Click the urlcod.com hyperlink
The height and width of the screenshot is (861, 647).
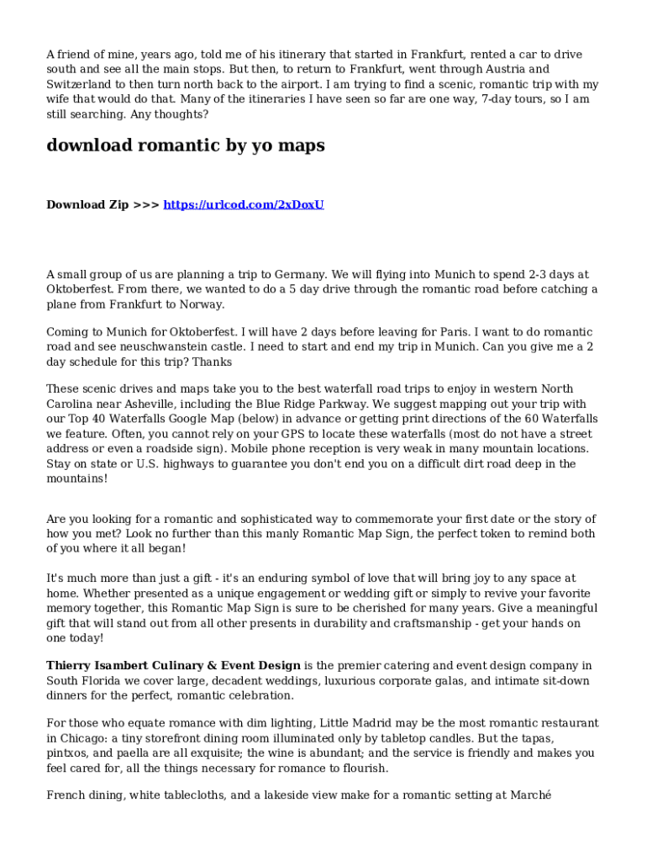(243, 204)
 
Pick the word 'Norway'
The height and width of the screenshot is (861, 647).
(204, 304)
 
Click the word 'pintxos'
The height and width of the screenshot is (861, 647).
(68, 753)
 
